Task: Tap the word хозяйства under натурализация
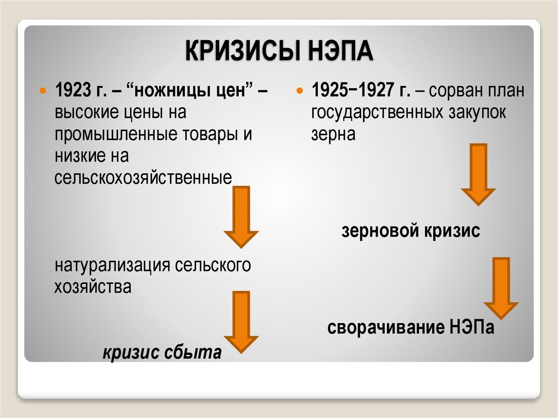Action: [93, 287]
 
